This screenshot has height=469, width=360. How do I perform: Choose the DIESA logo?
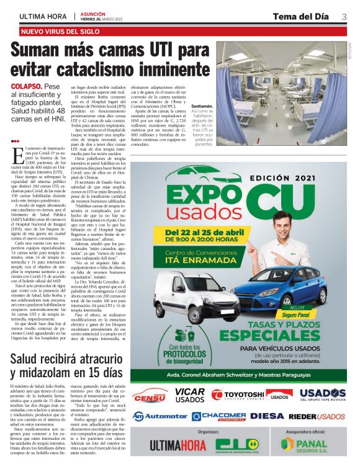coord(268,416)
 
